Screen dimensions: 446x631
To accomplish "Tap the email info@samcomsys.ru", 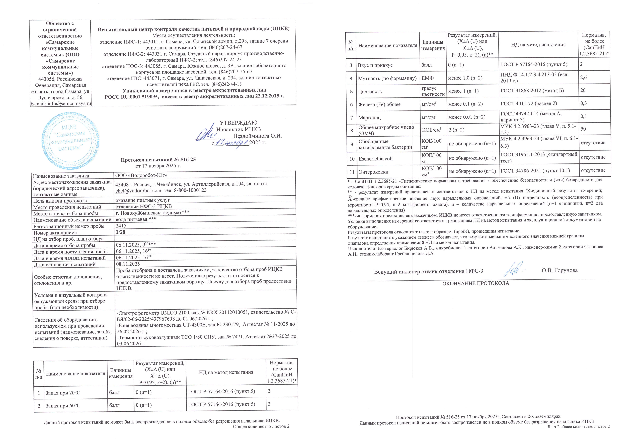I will (x=60, y=104).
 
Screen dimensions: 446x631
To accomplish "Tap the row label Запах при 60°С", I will (x=63, y=406).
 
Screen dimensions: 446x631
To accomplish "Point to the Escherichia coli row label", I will (x=375, y=159).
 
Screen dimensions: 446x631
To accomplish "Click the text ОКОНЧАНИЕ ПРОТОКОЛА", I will (x=475, y=283).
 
